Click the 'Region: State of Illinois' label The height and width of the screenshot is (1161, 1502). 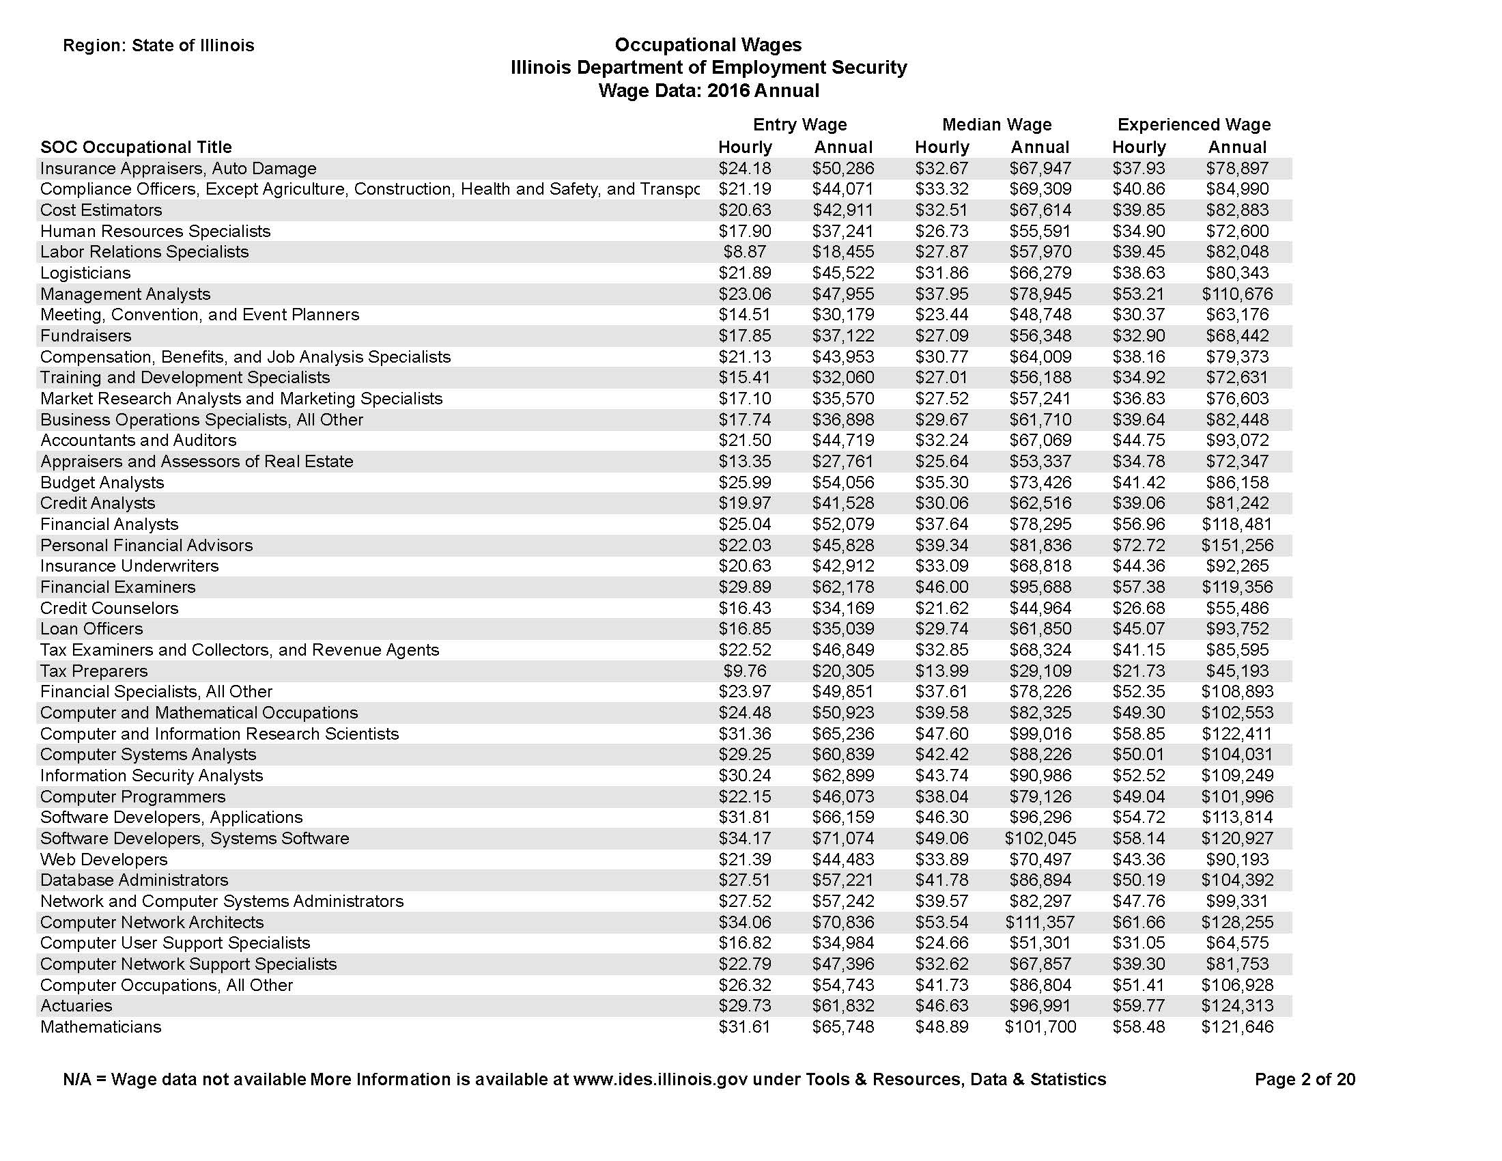click(x=158, y=45)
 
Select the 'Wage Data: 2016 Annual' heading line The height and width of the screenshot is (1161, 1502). click(x=709, y=91)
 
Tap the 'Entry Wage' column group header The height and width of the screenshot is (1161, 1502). click(x=799, y=124)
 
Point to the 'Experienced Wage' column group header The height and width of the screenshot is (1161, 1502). click(x=1193, y=124)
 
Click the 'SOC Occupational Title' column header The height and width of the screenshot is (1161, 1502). click(x=136, y=148)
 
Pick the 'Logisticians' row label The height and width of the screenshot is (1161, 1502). click(x=85, y=273)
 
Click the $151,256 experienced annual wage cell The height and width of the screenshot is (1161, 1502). click(x=1236, y=546)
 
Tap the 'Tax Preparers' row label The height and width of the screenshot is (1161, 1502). click(x=94, y=671)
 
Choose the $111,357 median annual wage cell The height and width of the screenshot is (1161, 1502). click(x=1040, y=923)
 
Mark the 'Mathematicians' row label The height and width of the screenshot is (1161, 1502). click(x=100, y=1027)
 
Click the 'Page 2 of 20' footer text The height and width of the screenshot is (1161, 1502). click(x=1305, y=1079)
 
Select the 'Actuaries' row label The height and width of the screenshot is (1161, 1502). click(x=76, y=1005)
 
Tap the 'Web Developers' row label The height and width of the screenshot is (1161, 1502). click(x=104, y=860)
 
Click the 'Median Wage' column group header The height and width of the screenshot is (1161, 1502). click(x=997, y=124)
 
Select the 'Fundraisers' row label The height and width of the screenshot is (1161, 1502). click(x=85, y=335)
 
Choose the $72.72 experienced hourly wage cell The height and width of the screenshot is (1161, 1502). click(x=1138, y=546)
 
